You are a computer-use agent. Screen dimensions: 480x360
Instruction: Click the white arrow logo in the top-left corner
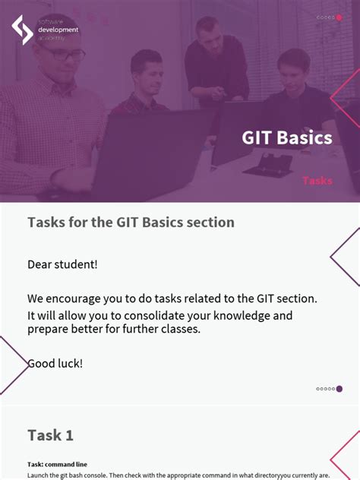[x=22, y=30]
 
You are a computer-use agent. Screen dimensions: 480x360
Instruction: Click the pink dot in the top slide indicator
[x=339, y=17]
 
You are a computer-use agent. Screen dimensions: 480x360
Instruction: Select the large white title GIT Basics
[x=286, y=137]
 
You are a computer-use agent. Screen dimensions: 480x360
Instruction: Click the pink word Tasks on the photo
[x=317, y=181]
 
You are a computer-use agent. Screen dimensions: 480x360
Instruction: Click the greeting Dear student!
[x=62, y=264]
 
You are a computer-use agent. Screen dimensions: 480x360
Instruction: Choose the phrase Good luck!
[x=55, y=364]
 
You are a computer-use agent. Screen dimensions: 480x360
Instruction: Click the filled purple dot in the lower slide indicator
[x=339, y=389]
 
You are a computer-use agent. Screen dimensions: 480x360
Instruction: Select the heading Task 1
[x=50, y=435]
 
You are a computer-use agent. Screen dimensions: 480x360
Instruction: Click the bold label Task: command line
[x=57, y=464]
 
